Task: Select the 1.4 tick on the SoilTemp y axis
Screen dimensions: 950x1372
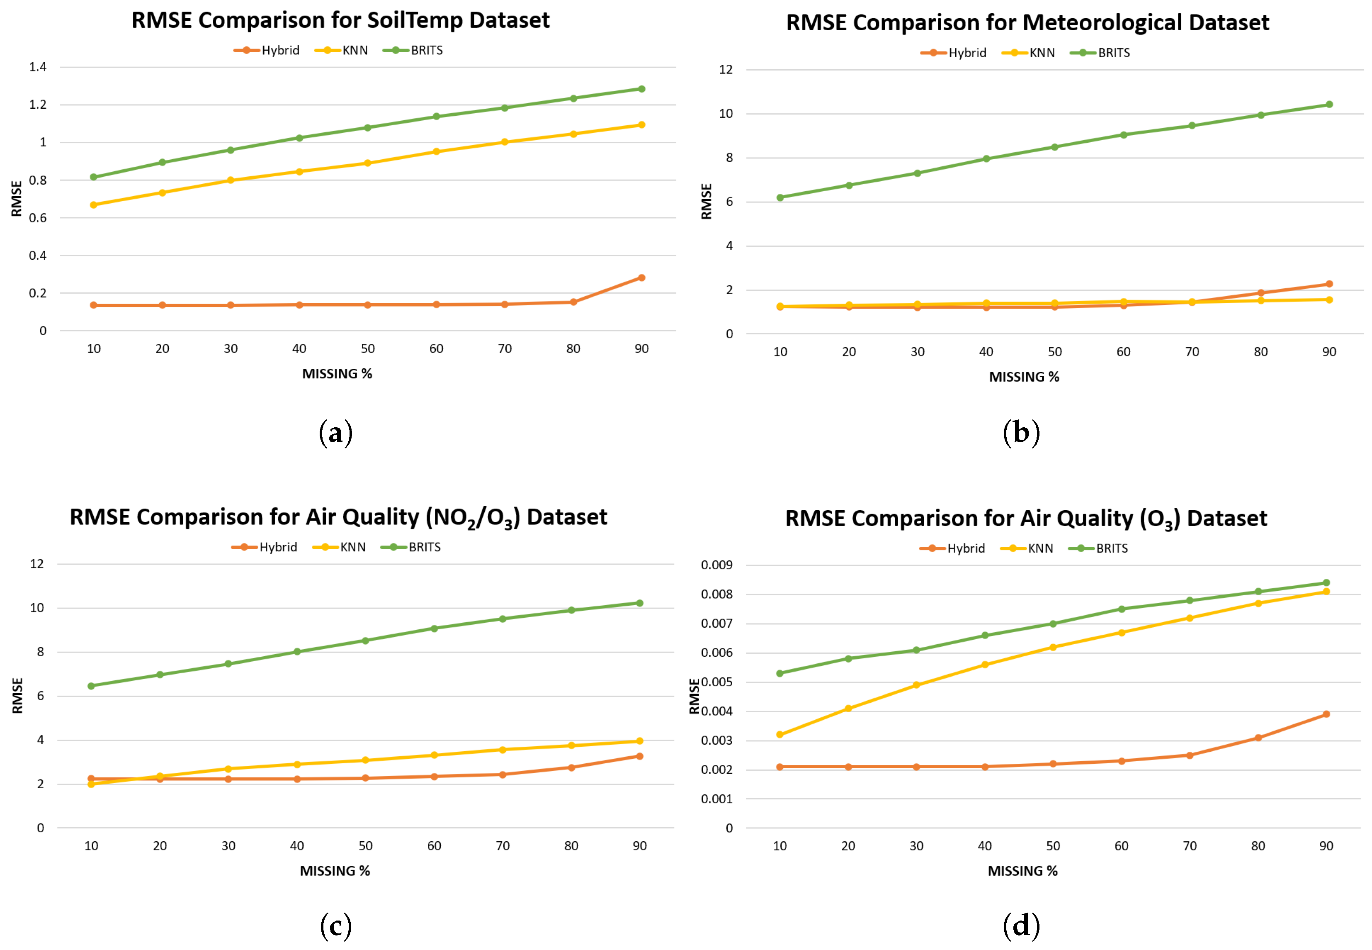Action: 38,67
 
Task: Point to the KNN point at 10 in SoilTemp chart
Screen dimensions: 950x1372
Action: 93,205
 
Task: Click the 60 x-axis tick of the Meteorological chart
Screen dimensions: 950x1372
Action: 1123,352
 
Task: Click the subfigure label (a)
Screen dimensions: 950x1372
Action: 335,433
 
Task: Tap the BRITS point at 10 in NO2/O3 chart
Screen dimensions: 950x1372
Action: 91,686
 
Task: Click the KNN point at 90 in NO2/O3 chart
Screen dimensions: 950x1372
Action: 640,741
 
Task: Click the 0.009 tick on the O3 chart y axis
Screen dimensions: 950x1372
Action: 716,565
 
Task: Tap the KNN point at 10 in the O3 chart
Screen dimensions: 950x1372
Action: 779,735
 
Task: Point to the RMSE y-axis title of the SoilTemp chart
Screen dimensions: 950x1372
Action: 17,199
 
